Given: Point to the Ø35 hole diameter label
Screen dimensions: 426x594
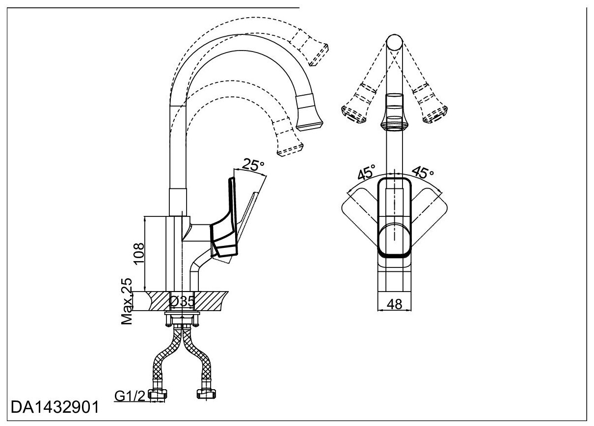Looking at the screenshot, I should pos(182,301).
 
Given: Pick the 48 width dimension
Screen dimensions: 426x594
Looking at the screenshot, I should pos(395,304).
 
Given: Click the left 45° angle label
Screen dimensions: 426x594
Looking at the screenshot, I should pos(366,173).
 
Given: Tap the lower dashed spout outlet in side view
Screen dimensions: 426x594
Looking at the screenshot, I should pos(290,143).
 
